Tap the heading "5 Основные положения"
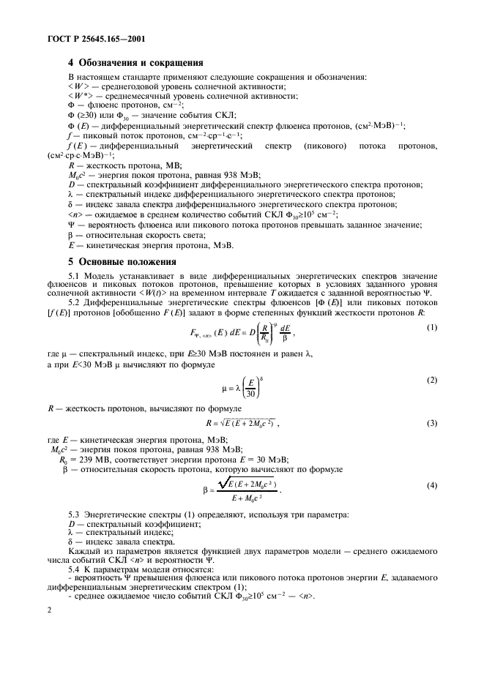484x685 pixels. click(x=122, y=261)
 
